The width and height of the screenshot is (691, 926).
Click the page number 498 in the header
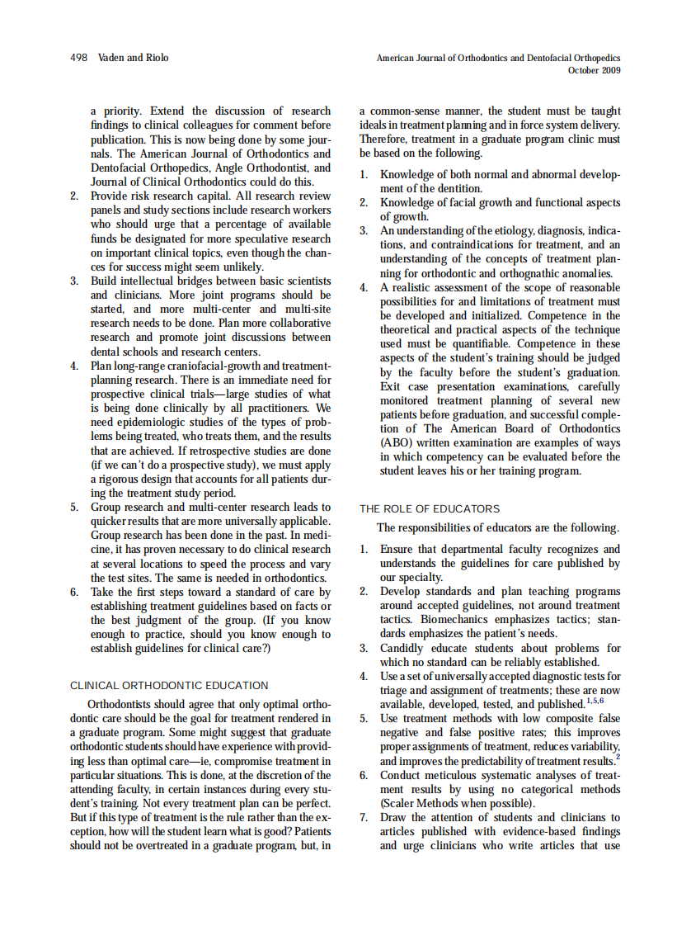tap(80, 58)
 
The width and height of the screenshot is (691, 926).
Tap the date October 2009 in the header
tap(595, 70)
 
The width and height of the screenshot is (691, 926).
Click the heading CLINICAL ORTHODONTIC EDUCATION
tap(169, 685)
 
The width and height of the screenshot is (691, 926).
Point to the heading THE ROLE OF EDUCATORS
tap(430, 508)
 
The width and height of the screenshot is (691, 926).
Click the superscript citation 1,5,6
tap(595, 702)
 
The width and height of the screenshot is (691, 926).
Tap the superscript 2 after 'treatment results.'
tap(618, 758)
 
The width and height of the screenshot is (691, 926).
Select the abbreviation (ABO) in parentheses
tap(397, 442)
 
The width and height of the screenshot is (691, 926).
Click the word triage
tap(395, 690)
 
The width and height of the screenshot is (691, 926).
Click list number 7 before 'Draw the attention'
tap(364, 817)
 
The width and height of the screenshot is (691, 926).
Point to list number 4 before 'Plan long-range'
tap(74, 366)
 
